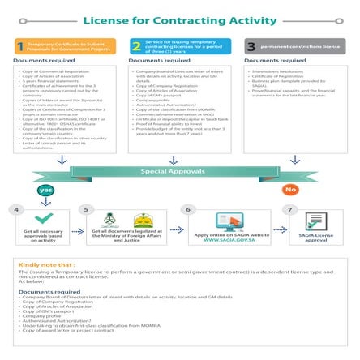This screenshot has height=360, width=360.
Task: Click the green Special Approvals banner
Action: [x=179, y=172]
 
